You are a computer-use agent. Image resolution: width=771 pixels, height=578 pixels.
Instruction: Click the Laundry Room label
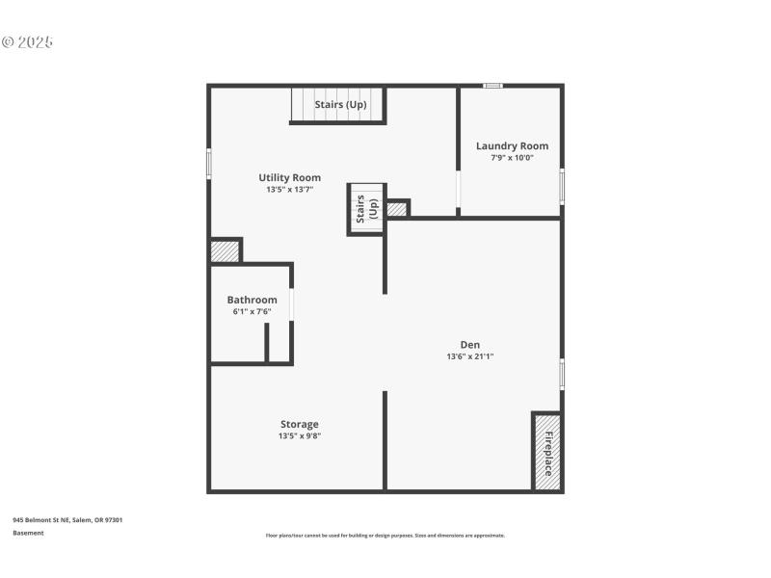(512, 146)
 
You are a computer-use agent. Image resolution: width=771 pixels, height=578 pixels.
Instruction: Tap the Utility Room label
(289, 177)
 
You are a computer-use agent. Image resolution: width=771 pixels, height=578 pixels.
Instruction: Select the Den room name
(469, 345)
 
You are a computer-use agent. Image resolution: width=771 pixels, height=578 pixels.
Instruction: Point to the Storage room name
(299, 424)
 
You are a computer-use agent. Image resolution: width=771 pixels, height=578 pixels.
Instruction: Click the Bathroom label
(252, 300)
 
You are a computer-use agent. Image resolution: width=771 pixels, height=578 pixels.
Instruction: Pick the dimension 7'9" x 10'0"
(512, 158)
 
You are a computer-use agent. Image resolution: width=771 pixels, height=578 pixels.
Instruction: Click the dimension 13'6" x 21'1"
(469, 356)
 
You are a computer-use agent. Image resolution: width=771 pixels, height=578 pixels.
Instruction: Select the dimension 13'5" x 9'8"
(299, 435)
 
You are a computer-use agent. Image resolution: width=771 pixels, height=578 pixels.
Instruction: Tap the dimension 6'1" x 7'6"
(252, 311)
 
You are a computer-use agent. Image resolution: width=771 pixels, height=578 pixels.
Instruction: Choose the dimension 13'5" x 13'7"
(289, 190)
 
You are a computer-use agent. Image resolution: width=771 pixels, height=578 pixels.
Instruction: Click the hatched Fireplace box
(546, 452)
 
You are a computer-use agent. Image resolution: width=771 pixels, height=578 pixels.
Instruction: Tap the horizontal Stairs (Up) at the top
(338, 104)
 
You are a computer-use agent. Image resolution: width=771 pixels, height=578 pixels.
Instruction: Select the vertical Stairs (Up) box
(366, 209)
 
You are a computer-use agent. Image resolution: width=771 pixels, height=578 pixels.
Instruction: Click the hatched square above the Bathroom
(225, 250)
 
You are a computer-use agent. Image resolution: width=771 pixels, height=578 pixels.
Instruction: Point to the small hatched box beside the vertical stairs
(397, 208)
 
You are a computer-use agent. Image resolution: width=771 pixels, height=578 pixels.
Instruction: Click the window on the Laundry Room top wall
(492, 86)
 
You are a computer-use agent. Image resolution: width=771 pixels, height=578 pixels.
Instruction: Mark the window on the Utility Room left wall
(208, 163)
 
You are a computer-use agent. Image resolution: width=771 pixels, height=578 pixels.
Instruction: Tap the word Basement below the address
(28, 533)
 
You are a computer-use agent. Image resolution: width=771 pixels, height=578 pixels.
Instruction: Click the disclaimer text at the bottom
(385, 536)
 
